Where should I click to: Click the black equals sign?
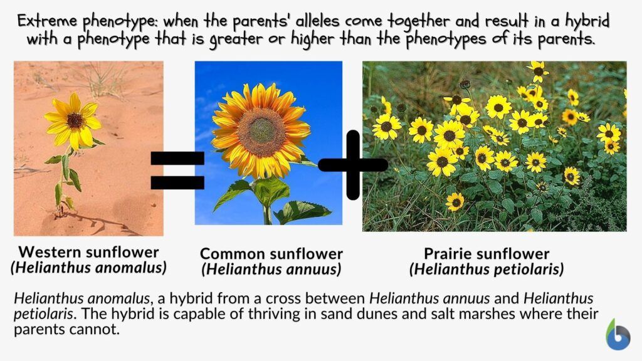[x=177, y=170]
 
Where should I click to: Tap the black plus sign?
[x=353, y=165]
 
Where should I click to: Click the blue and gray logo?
[x=618, y=335]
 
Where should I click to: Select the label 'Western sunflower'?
[x=88, y=252]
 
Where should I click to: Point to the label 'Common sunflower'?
[x=271, y=254]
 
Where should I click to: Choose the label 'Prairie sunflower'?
[x=487, y=254]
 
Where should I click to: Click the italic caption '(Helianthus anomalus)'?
[x=88, y=268]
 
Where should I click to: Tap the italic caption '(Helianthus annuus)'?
[x=271, y=269]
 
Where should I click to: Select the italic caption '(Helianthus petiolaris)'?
[x=487, y=269]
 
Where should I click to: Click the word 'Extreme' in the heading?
[x=46, y=21]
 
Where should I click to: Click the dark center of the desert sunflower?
[x=75, y=120]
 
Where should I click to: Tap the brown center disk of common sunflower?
[x=261, y=132]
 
